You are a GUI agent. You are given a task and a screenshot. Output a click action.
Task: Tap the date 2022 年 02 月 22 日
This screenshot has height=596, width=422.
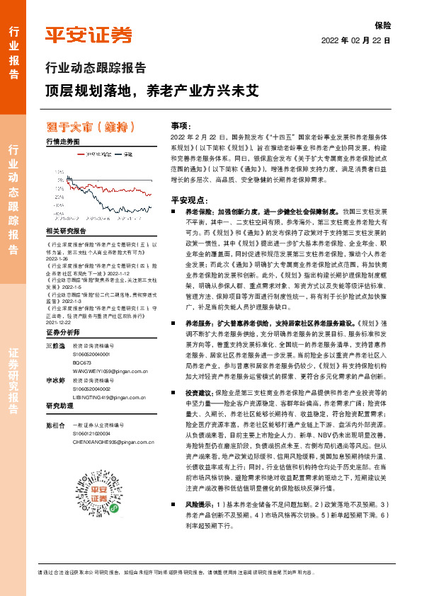pyautogui.click(x=356, y=40)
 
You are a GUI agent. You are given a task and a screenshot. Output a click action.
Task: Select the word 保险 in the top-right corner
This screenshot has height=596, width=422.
pyautogui.click(x=382, y=25)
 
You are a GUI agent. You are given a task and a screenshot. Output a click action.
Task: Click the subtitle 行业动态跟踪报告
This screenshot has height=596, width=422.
pyautogui.click(x=96, y=69)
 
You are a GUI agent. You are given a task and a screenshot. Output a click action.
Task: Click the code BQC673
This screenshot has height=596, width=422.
pyautogui.click(x=83, y=341)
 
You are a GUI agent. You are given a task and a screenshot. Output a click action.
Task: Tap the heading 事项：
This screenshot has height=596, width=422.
pyautogui.click(x=182, y=124)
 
